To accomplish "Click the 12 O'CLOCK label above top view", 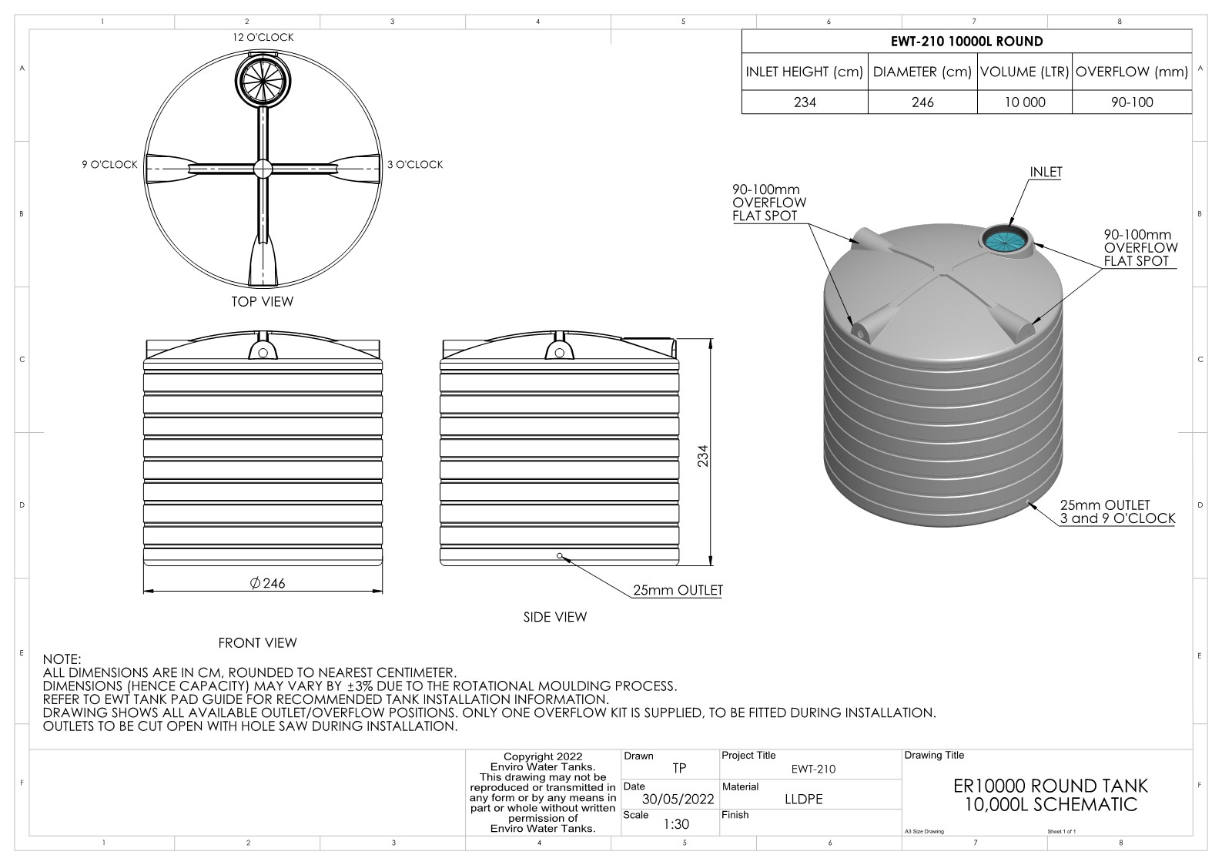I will click(x=263, y=37).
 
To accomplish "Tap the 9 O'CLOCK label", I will click(x=109, y=165).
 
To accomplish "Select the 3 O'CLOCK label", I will click(x=415, y=165).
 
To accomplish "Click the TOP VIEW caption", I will click(x=263, y=301).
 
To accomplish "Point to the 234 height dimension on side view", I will click(x=702, y=456).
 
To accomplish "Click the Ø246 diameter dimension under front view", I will click(x=267, y=583).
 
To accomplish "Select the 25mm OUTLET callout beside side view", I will click(x=678, y=590).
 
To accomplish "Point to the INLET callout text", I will click(x=1046, y=172).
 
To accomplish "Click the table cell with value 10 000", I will click(x=1024, y=102).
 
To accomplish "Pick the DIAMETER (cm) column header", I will click(x=922, y=72).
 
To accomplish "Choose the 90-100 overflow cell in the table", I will click(x=1131, y=102).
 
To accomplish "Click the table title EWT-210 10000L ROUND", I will click(x=966, y=42).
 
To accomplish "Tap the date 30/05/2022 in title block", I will click(x=678, y=799).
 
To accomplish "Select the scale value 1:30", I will click(x=676, y=824).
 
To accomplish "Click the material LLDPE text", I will click(x=803, y=799).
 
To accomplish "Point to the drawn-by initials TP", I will click(x=678, y=768).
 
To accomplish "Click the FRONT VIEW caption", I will click(x=257, y=642).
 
